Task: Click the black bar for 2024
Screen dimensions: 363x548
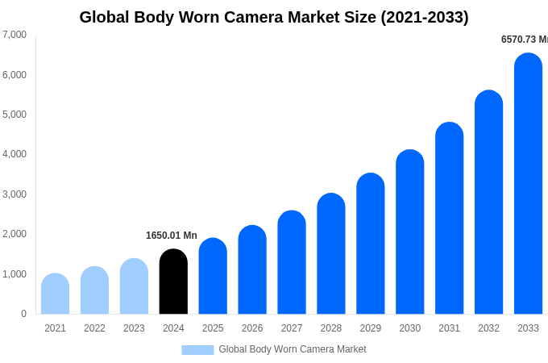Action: (173, 282)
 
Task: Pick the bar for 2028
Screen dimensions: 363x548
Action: (331, 253)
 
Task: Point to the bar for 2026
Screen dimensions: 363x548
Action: (252, 269)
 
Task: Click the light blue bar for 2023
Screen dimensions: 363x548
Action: (134, 286)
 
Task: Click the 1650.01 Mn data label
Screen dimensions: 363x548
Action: (172, 236)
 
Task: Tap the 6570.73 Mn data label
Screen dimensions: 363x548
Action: (524, 40)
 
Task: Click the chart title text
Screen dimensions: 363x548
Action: (274, 17)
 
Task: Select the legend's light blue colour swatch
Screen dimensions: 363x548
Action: (197, 350)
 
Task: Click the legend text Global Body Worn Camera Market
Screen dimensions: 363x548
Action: (293, 349)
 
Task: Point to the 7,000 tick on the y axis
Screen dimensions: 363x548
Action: (15, 35)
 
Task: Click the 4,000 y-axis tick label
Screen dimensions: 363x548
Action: (15, 154)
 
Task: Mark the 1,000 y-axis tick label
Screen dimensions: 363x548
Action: (15, 274)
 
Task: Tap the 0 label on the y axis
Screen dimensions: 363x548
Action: (23, 314)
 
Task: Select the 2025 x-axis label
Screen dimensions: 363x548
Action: (213, 328)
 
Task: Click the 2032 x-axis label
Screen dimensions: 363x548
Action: (488, 328)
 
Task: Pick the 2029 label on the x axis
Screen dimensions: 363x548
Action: (371, 328)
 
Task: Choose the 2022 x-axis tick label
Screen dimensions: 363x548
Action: (94, 328)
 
